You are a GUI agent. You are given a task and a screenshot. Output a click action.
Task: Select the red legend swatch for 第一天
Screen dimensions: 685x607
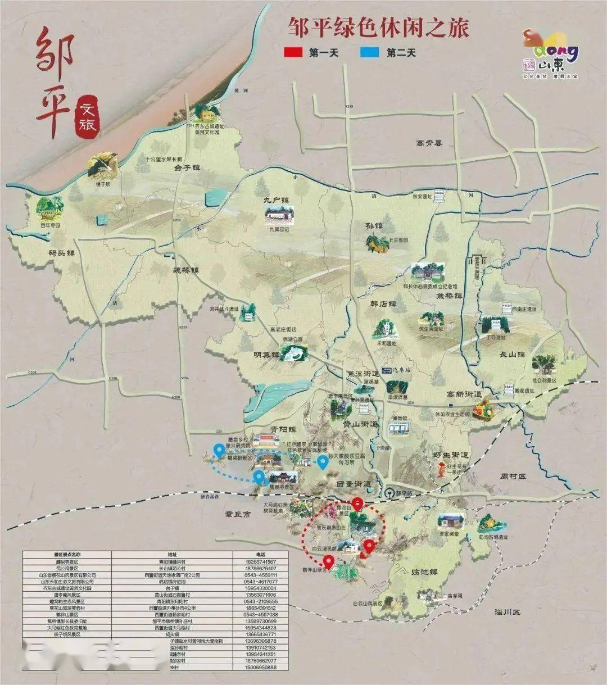point(293,53)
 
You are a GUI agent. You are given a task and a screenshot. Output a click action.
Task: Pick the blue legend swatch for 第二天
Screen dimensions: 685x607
point(369,53)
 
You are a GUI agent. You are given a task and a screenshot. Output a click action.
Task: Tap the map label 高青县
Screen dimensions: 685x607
point(429,143)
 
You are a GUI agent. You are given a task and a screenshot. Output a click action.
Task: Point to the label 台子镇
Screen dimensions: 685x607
point(187,167)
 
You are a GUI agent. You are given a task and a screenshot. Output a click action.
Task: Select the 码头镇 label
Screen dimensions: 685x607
point(62,253)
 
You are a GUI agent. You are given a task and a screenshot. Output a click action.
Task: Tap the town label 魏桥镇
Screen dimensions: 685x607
point(186,270)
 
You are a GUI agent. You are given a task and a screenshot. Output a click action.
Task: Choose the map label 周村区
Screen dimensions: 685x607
point(513,476)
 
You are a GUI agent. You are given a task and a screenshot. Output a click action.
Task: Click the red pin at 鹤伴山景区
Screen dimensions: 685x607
point(328,560)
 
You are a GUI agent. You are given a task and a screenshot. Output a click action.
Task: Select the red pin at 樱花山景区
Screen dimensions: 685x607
point(357,503)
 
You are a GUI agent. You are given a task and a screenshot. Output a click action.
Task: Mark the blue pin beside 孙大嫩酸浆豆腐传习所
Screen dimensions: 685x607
point(323,462)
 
